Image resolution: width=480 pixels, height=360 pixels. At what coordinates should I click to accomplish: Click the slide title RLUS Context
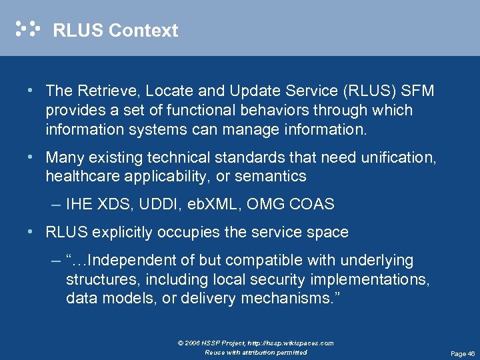(115, 31)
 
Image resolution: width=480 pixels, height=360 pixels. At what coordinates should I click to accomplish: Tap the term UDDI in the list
(155, 205)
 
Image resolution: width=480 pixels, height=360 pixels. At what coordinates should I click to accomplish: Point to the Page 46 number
(462, 353)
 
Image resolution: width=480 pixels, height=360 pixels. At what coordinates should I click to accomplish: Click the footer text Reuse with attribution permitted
(256, 352)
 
